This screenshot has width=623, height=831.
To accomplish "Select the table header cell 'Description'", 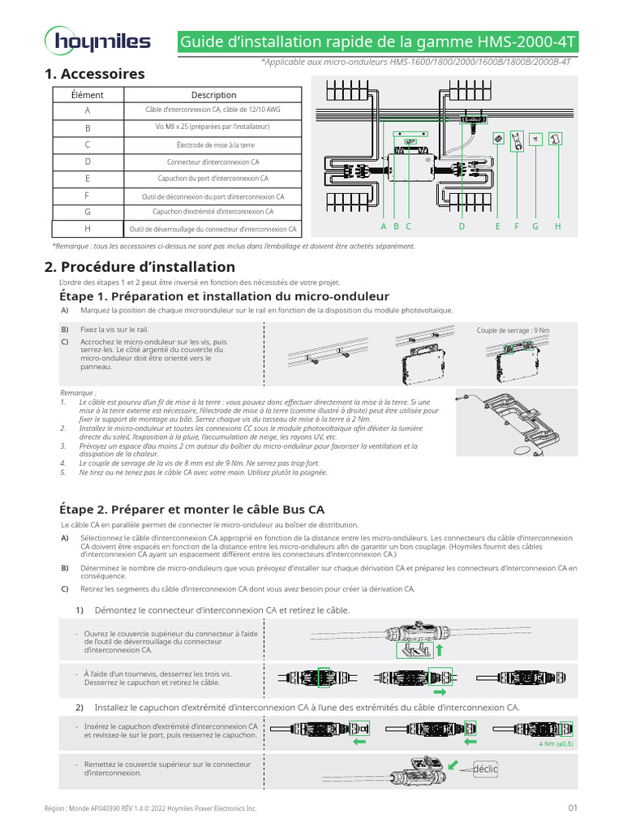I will click(214, 95).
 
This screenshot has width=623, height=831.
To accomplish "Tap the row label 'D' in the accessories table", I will click(88, 162).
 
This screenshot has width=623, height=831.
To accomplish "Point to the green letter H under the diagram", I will click(558, 226).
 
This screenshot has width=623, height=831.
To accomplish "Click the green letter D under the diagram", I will click(462, 226).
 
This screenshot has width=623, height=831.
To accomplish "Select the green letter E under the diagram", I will click(498, 226).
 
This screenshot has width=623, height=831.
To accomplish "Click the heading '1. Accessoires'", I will click(96, 74).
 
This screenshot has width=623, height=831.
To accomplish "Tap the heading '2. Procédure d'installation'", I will click(140, 267).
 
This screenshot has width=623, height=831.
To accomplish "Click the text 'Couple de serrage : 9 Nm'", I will click(513, 330).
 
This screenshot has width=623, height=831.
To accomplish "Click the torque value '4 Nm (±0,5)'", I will click(556, 743).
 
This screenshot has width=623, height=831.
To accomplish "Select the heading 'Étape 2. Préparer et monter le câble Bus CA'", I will click(192, 510).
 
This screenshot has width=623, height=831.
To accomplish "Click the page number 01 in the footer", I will click(573, 808).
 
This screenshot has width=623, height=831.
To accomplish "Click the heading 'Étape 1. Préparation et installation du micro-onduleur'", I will click(225, 296).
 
